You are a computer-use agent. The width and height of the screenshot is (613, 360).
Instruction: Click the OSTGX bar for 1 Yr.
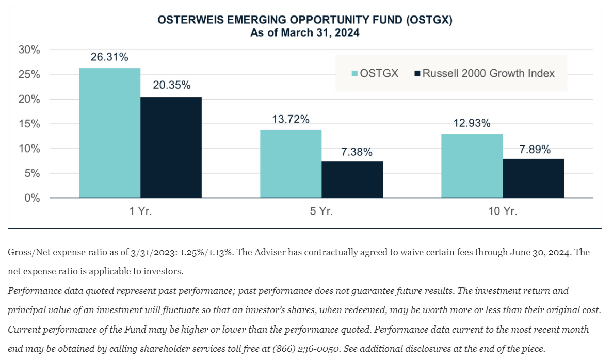click(x=109, y=133)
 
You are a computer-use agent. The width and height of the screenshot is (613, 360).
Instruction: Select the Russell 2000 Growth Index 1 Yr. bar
click(x=171, y=148)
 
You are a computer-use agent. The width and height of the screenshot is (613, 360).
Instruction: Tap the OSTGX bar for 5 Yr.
click(x=291, y=163)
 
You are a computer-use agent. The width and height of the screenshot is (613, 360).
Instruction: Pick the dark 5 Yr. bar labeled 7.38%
click(x=352, y=179)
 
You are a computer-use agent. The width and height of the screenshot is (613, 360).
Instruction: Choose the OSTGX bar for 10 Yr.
click(x=472, y=166)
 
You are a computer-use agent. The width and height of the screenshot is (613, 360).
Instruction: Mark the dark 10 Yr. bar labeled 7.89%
click(x=533, y=178)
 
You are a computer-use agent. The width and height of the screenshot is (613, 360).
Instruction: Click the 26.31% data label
click(x=109, y=57)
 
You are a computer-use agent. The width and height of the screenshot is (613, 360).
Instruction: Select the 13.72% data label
click(x=291, y=119)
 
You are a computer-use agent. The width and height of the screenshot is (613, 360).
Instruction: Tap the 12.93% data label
click(x=472, y=123)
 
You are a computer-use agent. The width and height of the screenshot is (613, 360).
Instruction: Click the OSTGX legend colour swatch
click(x=354, y=73)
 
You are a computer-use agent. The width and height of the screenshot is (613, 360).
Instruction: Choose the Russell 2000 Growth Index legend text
click(x=488, y=73)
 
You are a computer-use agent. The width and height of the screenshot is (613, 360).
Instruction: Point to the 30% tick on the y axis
click(x=29, y=50)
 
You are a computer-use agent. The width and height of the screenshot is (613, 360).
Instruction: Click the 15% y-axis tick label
click(x=29, y=124)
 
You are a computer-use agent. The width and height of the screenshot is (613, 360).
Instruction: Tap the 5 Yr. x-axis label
click(x=321, y=211)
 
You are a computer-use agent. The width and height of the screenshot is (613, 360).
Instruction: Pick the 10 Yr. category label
click(x=502, y=211)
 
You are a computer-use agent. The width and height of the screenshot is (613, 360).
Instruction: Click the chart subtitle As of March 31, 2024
click(x=304, y=33)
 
